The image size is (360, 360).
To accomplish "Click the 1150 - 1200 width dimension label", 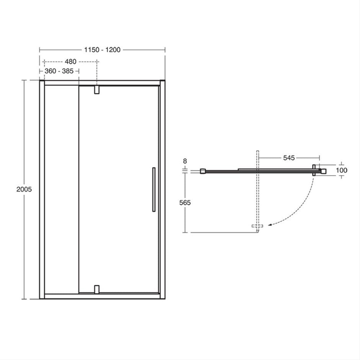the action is (102, 50).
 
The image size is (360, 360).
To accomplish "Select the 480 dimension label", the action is (71, 62).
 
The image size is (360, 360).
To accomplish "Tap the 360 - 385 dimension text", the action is (59, 71).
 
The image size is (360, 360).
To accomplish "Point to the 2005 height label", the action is (24, 189).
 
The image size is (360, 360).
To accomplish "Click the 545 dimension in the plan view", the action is (289, 158).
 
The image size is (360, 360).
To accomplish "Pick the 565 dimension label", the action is (185, 202).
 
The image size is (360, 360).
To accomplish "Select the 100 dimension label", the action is (342, 170).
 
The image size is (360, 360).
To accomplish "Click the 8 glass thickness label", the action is (185, 161).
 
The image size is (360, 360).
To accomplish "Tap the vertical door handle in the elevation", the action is (154, 189).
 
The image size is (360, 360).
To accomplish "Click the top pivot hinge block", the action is (97, 90).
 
